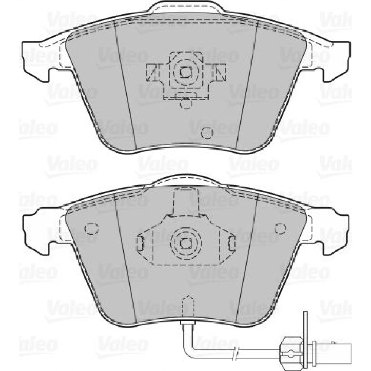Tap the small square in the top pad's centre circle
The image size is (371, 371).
coord(186,72)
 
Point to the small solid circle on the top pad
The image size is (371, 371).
coord(207,133)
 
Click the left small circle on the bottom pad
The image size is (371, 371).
coord(91,229)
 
